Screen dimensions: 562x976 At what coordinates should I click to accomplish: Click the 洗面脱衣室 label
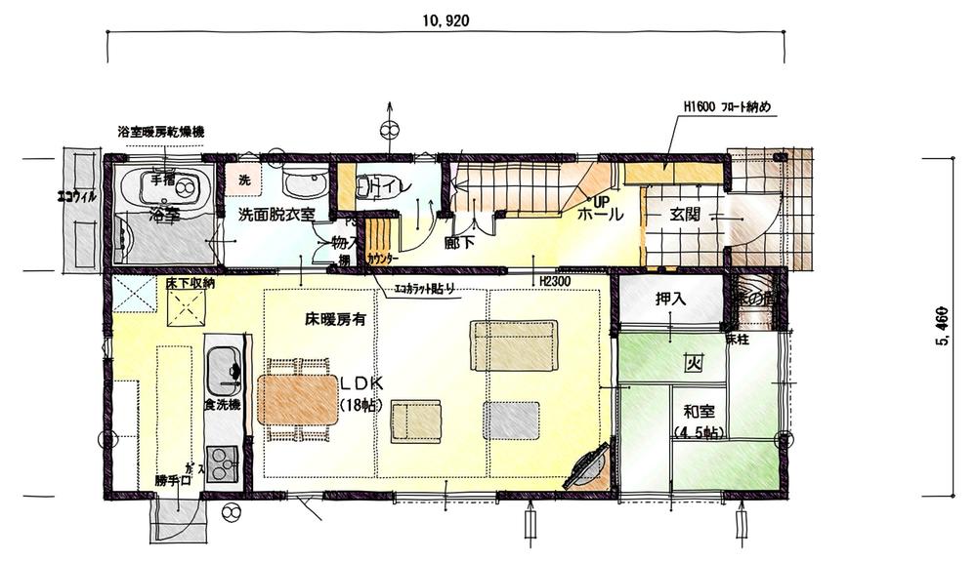point(276,215)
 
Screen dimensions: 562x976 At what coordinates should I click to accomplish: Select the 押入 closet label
point(669,300)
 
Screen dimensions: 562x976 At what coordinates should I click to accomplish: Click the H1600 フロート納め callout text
point(729,105)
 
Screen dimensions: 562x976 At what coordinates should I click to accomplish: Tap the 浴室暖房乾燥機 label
point(160,131)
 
